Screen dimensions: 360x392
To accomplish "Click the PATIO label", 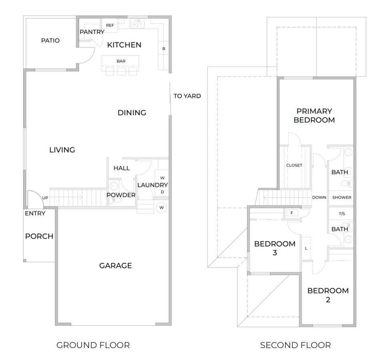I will point(50,40).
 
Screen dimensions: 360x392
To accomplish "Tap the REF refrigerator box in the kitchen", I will point(110,25).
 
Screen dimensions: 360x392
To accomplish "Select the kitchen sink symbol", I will point(138,24).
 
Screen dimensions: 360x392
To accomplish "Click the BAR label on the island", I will point(121,61).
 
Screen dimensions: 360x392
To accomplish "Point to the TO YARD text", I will point(187,96).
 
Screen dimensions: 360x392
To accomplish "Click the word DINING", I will point(132,113).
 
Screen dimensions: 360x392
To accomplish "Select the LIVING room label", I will point(62,150).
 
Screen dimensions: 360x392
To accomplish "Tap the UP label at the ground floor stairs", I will point(46,198).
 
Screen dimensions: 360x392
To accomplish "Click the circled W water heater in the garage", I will point(162,207).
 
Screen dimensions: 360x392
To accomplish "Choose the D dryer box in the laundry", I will point(162,192).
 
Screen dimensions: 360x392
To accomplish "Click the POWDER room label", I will point(121,195).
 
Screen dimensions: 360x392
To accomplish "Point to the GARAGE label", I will point(116,265).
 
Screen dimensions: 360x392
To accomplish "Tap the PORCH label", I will point(39,236).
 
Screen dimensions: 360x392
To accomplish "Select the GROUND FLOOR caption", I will point(93,345).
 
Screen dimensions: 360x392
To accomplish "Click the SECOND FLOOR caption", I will point(295,345).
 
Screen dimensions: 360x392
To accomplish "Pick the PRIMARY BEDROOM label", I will point(314,115).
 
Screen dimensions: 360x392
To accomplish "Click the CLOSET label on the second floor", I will point(294,165).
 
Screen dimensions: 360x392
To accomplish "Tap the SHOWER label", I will point(342,197).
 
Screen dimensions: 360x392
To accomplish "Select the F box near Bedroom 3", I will point(292,213).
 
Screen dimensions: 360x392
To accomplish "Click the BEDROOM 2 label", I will point(328,295).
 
